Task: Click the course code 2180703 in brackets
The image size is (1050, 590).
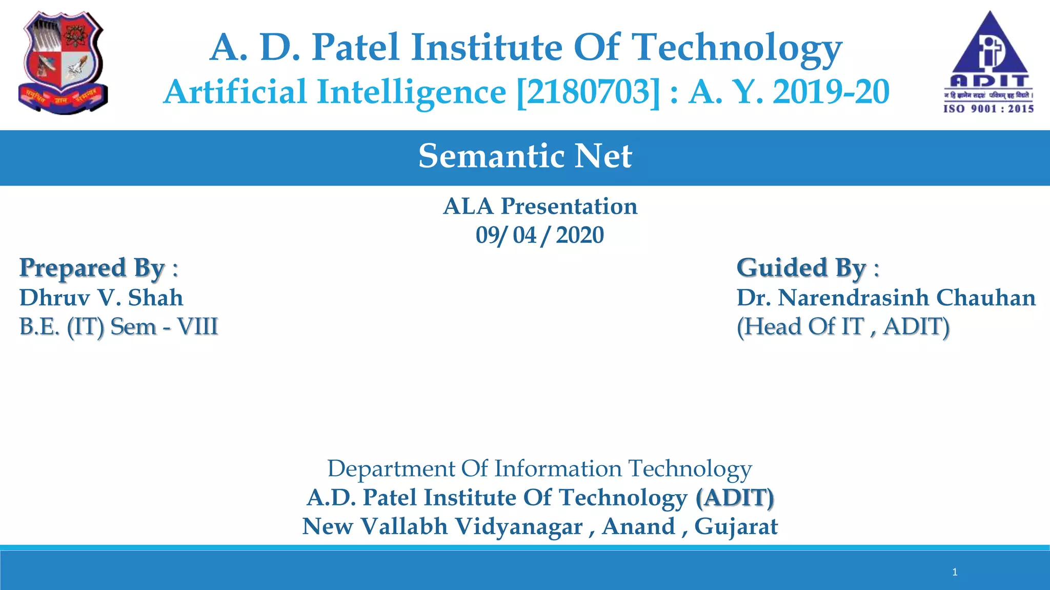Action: (x=589, y=92)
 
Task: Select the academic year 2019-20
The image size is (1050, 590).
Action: (x=831, y=92)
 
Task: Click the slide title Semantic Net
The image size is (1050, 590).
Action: (x=525, y=156)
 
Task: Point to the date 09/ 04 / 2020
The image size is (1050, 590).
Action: (x=539, y=236)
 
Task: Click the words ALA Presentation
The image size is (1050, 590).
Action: (x=540, y=206)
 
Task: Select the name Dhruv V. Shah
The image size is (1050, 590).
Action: (x=101, y=298)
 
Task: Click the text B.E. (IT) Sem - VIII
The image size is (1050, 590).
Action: (x=118, y=327)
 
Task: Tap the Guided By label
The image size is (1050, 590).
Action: (x=807, y=268)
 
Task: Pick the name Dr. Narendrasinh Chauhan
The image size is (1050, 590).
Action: (x=886, y=298)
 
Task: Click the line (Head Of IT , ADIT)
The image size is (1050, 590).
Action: (x=843, y=327)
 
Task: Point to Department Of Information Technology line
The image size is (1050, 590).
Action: (x=539, y=469)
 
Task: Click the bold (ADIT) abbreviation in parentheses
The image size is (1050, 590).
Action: (x=735, y=498)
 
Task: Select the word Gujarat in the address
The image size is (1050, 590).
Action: (x=736, y=526)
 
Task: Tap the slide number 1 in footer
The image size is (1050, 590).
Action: (x=955, y=572)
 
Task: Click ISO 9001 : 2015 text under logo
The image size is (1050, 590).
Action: (x=988, y=109)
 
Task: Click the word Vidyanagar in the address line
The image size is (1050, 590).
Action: (x=519, y=526)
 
